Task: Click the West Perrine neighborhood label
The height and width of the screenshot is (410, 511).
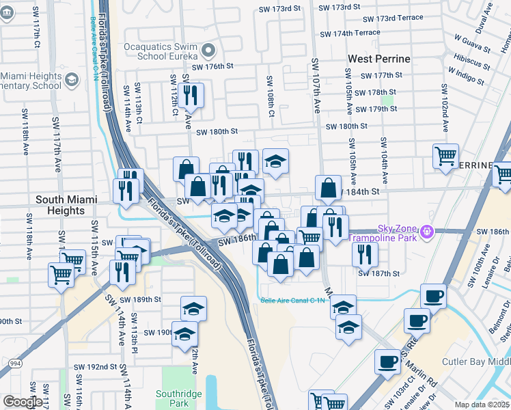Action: coord(378,59)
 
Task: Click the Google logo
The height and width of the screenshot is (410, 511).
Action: coord(22,402)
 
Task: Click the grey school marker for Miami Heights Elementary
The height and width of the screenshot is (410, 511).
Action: coord(72,81)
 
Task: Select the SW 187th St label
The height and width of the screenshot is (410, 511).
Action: coord(379,273)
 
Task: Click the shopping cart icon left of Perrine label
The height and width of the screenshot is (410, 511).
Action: coord(445,156)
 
